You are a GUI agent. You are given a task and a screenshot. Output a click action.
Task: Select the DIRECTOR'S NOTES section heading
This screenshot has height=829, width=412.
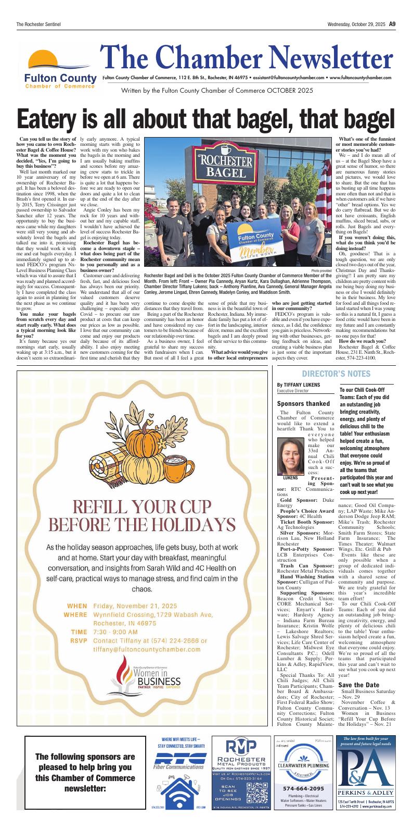(336, 374)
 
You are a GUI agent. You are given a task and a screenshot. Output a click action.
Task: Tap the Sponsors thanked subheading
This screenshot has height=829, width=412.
(303, 404)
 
